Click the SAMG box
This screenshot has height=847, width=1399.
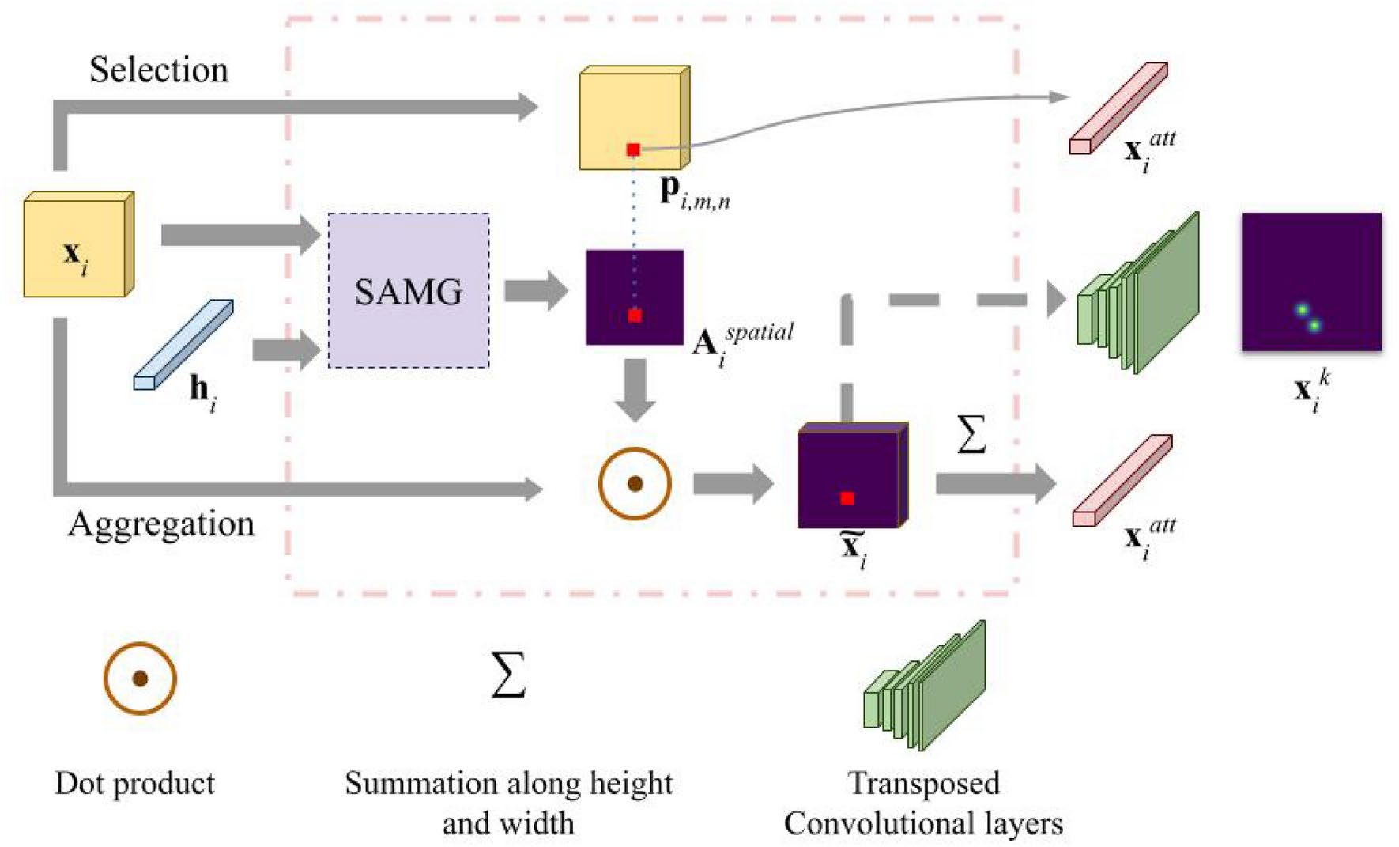(x=409, y=290)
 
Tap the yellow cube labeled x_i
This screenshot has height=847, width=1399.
(x=77, y=246)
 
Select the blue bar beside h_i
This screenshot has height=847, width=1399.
(x=183, y=345)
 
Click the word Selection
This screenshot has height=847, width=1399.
(x=159, y=70)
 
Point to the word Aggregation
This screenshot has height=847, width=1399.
(x=161, y=524)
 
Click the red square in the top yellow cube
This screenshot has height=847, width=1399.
(x=633, y=149)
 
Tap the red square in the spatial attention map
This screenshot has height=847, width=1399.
(x=635, y=316)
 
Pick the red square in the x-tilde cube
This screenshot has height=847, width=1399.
(x=847, y=498)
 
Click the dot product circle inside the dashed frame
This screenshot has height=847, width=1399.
(x=635, y=484)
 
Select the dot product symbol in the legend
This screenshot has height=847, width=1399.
(x=140, y=679)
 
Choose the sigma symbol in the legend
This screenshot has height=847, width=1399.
(x=508, y=675)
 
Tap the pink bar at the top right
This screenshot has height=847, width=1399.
(x=1118, y=108)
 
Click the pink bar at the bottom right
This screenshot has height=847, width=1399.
(x=1122, y=481)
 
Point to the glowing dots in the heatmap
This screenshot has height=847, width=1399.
(x=1307, y=318)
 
